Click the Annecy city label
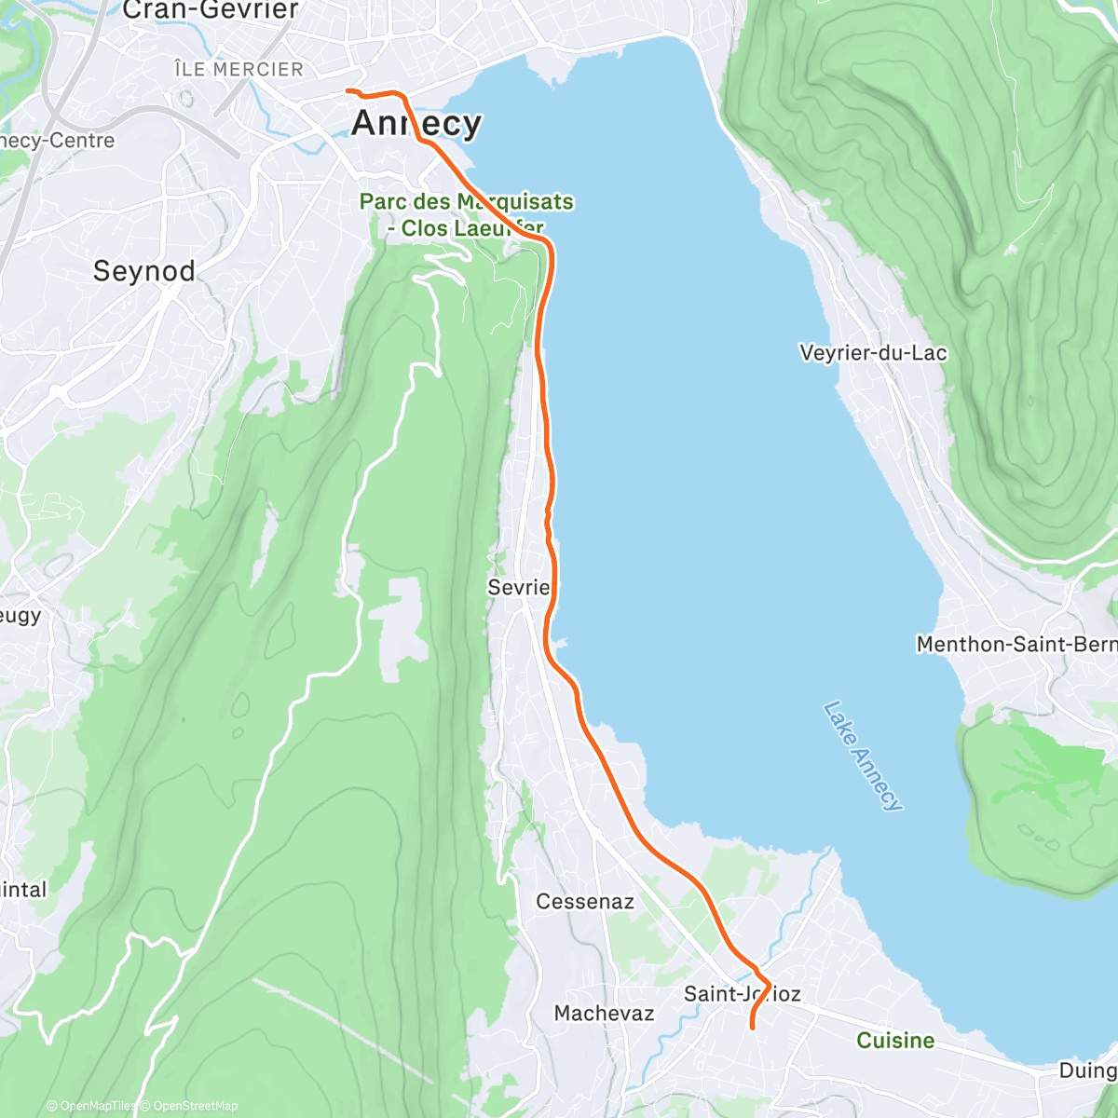pyautogui.click(x=416, y=123)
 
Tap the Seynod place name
pyautogui.click(x=144, y=271)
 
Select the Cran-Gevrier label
pyautogui.click(x=211, y=10)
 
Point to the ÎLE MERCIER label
pyautogui.click(x=239, y=70)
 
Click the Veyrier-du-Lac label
pyautogui.click(x=873, y=353)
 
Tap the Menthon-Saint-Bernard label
pyautogui.click(x=1016, y=644)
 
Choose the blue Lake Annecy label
pyautogui.click(x=863, y=756)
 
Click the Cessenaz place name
pyautogui.click(x=585, y=902)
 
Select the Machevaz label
pyautogui.click(x=604, y=1014)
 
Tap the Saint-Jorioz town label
pyautogui.click(x=742, y=994)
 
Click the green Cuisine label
pyautogui.click(x=895, y=1041)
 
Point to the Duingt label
pyautogui.click(x=1087, y=1070)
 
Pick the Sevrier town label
pyautogui.click(x=519, y=587)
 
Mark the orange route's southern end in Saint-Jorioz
pyautogui.click(x=752, y=1028)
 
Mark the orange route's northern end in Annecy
pyautogui.click(x=348, y=90)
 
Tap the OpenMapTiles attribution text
pyautogui.click(x=91, y=1106)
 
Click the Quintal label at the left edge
pyautogui.click(x=23, y=889)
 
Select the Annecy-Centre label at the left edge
pyautogui.click(x=57, y=141)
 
